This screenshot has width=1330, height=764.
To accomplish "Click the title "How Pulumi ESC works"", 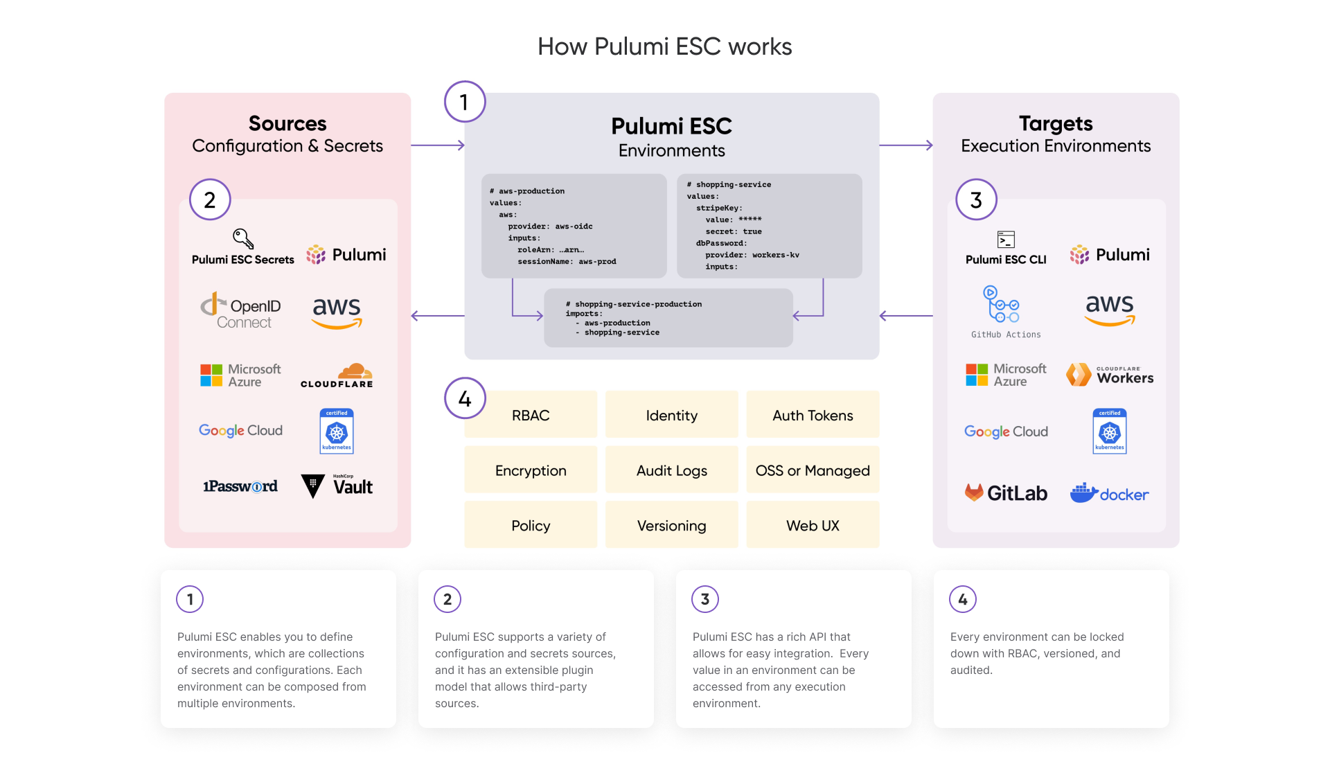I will [664, 46].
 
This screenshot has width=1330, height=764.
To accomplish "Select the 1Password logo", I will [240, 486].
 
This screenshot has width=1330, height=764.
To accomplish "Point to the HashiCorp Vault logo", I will [337, 486].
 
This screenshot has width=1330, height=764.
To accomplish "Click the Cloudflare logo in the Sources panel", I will [337, 375].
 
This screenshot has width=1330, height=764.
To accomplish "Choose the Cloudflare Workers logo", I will [1110, 375].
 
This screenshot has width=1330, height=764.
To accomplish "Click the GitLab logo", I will [1006, 493].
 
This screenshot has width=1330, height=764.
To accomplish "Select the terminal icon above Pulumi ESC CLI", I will [1006, 240].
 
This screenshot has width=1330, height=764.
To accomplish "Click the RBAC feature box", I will [531, 415].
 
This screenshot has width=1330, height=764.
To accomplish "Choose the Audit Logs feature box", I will [671, 470].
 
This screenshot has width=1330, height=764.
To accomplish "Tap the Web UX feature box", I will [813, 526].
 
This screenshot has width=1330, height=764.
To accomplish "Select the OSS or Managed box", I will [813, 470].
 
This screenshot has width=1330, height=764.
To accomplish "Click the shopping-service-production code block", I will [668, 318].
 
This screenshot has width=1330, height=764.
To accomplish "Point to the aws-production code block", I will [574, 226].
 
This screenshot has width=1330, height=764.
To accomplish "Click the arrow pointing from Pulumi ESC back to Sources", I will [437, 316].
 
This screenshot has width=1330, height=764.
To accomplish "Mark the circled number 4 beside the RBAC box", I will [465, 398].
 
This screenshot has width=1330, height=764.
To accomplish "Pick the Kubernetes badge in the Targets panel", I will [1109, 432].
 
